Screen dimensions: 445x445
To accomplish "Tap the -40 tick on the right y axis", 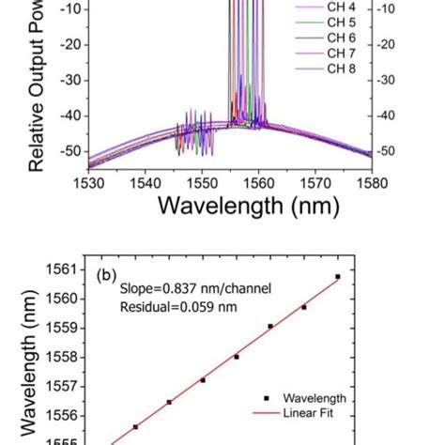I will click(x=386, y=115).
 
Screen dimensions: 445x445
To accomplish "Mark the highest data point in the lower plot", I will click(x=338, y=276).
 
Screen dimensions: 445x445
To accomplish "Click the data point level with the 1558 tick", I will click(x=237, y=357).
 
